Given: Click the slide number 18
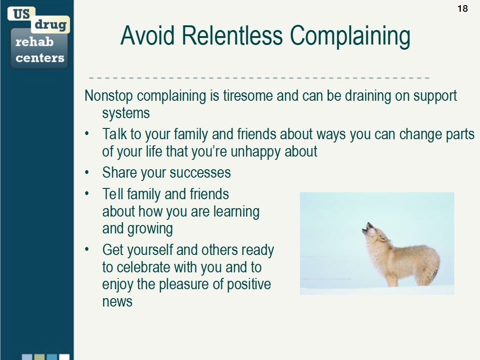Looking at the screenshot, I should click(x=462, y=8).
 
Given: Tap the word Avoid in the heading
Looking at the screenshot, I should click(x=148, y=36).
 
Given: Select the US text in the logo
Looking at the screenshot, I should click(x=21, y=14).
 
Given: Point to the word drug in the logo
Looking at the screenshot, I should click(x=51, y=24).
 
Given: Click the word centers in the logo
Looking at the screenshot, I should click(x=40, y=58).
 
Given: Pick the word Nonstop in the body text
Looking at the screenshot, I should click(x=109, y=96).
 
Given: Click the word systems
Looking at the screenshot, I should click(x=126, y=113).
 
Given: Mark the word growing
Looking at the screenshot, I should click(x=150, y=229).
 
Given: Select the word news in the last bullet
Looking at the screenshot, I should click(x=117, y=301).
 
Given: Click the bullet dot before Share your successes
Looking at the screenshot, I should click(x=87, y=173).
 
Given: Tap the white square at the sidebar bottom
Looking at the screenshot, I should click(x=64, y=357).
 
